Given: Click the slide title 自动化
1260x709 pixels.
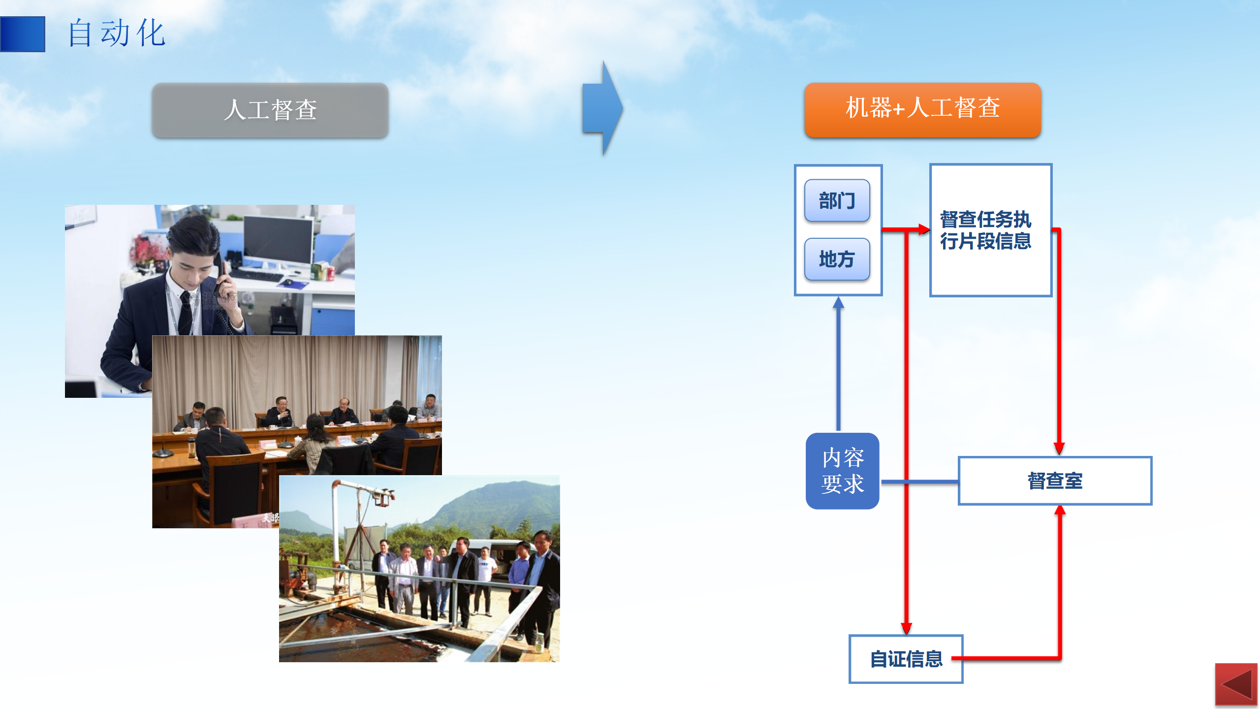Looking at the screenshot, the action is [x=117, y=33].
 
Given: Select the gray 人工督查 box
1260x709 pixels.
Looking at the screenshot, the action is [x=270, y=110].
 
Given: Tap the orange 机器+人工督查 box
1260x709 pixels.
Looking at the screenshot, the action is [x=923, y=109].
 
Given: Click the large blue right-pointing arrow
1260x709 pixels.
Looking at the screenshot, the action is [x=603, y=108].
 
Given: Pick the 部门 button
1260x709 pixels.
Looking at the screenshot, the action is [x=837, y=200].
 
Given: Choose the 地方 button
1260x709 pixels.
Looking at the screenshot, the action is [x=837, y=259].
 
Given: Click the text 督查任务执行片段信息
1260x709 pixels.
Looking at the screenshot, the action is [x=985, y=230].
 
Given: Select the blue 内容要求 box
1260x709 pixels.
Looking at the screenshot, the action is [x=843, y=471].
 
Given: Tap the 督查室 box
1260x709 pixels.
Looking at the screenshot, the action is [x=1055, y=481].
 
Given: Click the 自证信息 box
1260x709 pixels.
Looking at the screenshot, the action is [x=906, y=659].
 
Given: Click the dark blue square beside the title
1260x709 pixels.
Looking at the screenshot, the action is [x=23, y=34].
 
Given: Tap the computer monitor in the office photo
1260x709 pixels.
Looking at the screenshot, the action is [x=278, y=241].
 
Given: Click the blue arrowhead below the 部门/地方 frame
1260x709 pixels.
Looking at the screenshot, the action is [x=838, y=302].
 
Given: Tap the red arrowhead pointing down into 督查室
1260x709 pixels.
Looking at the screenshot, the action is [x=1059, y=449].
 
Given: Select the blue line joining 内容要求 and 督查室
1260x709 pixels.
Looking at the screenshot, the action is [x=919, y=482].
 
